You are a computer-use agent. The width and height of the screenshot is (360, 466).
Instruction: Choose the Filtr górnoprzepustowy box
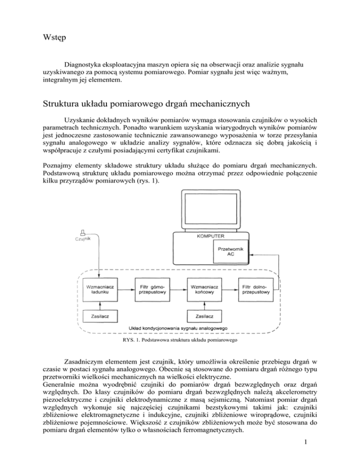click(152, 288)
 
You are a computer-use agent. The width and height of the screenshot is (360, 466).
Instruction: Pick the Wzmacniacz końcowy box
click(204, 288)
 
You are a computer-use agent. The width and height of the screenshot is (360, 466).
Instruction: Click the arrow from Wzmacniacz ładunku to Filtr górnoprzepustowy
click(127, 288)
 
